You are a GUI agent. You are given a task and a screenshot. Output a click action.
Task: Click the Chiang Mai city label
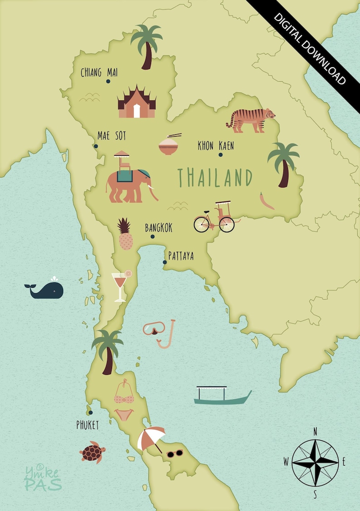click(99, 72)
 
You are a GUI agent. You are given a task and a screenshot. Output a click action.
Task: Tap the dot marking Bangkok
click(152, 236)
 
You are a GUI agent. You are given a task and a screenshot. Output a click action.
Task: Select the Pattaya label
click(181, 256)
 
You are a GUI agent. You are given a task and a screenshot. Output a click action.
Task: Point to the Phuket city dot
click(91, 413)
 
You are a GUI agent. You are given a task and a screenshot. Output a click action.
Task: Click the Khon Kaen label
click(216, 146)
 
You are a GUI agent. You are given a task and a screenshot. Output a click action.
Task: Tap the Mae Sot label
click(112, 136)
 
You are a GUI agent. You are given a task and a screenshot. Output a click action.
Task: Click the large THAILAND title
click(214, 177)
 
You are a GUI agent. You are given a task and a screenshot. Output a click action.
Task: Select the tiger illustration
click(251, 120)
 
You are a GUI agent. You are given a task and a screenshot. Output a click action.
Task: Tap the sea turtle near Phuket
click(93, 452)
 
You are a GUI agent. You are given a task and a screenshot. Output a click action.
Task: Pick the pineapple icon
click(125, 235)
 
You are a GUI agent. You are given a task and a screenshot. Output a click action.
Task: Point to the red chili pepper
click(267, 201)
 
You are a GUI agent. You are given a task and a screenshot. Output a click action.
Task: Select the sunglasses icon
click(175, 453)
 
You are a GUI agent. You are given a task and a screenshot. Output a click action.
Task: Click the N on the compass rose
click(315, 431)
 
